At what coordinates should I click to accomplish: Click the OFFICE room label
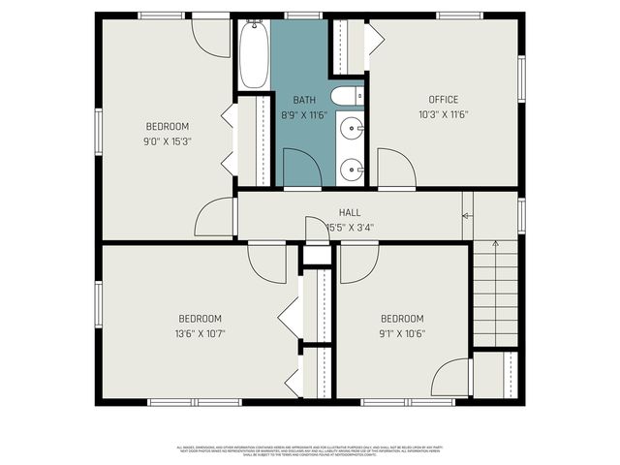tap(444, 100)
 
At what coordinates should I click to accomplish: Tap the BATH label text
tap(304, 100)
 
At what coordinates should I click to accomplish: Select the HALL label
tap(350, 213)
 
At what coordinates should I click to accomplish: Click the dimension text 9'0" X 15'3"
tap(168, 140)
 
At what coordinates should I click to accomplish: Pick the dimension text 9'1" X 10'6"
tap(402, 333)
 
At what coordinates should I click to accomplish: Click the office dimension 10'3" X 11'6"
tap(444, 114)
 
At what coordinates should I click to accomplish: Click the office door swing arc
tap(395, 168)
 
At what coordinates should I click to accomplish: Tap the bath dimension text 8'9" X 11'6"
tap(304, 114)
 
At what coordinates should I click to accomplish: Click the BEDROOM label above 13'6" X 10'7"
tap(200, 319)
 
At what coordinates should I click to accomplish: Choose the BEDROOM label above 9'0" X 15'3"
tap(168, 126)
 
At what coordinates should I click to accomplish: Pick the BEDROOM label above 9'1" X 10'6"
tap(402, 319)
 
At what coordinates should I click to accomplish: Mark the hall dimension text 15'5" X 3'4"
tap(350, 228)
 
